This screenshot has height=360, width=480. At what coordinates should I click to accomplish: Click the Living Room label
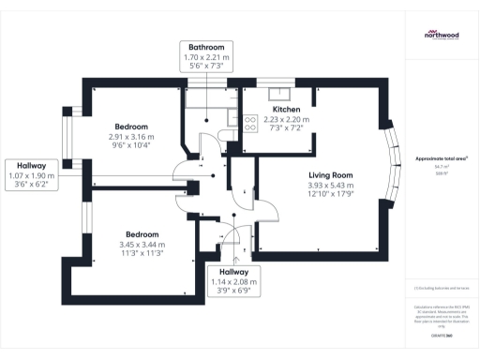[330, 175]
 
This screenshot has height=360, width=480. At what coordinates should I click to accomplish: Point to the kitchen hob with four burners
[250, 120]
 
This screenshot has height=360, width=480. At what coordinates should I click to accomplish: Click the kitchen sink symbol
[280, 92]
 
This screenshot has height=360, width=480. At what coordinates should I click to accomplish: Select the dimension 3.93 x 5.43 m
[330, 186]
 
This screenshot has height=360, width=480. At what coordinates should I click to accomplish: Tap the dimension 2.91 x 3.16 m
[131, 137]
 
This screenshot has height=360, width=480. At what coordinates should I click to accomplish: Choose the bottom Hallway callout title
[233, 271]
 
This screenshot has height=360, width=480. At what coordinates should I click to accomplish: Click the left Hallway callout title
[33, 165]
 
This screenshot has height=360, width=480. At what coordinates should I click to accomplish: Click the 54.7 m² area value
[441, 167]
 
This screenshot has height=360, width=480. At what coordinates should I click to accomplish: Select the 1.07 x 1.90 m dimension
[33, 175]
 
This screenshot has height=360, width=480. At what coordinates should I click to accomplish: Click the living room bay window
[391, 169]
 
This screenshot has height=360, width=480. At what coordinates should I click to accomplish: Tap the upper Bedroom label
[131, 127]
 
